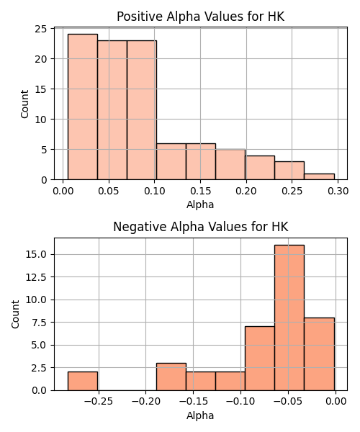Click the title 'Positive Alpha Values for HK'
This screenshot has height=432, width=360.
[x=201, y=17]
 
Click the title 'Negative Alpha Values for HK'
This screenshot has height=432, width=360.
[x=201, y=227]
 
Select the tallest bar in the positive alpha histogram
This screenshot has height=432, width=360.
[x=83, y=107]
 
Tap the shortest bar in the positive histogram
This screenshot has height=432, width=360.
[x=319, y=176]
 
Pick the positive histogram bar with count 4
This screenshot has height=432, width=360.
[x=260, y=168]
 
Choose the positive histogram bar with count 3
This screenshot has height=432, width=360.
[x=289, y=171]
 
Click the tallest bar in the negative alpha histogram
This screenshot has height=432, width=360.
[x=289, y=318]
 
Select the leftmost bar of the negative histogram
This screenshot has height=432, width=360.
[x=83, y=381]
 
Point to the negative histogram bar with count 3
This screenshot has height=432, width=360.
[x=171, y=377]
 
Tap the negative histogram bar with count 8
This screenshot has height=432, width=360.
[x=319, y=354]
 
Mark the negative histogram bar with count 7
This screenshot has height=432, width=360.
[x=260, y=359]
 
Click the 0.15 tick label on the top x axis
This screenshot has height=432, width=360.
[x=200, y=191]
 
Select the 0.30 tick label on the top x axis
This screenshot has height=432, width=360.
[x=338, y=191]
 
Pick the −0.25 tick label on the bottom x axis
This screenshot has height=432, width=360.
[x=99, y=402]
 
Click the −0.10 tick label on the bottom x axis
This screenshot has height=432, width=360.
[x=240, y=402]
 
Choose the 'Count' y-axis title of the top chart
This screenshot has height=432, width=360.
[x=24, y=104]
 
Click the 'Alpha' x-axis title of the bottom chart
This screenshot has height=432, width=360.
[x=200, y=415]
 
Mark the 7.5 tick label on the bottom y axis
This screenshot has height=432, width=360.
[x=39, y=323]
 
